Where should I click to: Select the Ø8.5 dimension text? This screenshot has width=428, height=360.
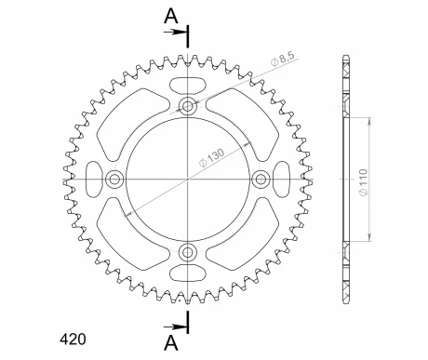coord(284,65)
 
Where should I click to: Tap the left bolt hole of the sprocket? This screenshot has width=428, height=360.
coord(115,179)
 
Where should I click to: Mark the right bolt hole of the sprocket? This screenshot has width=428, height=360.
coord(261,179)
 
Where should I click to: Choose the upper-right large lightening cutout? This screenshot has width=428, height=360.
coord(249,116)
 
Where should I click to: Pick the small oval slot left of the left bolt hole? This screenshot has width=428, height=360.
coord(95,179)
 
